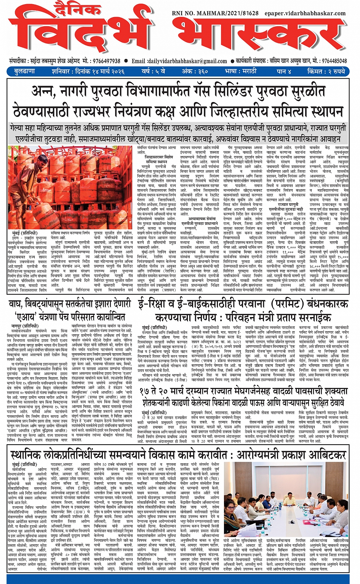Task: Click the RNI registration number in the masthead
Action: (215, 13)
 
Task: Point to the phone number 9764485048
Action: (334, 61)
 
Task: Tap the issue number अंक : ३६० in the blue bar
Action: (194, 71)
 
